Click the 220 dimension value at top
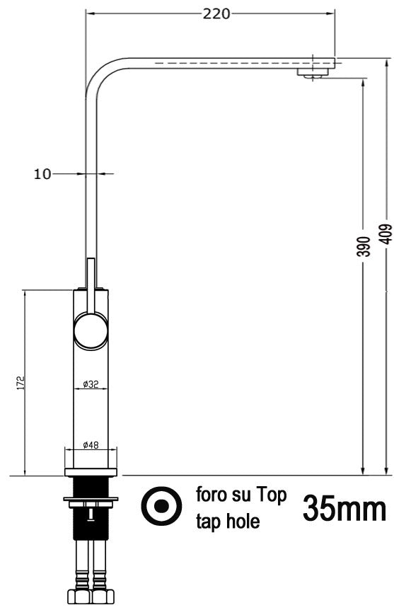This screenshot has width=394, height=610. (216, 13)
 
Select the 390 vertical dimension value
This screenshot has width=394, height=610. (362, 246)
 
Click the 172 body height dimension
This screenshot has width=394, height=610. (22, 382)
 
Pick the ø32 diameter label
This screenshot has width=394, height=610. (90, 384)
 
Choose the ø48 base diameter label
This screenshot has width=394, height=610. (90, 445)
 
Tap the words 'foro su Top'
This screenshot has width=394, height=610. (241, 495)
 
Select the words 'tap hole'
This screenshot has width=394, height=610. (228, 522)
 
